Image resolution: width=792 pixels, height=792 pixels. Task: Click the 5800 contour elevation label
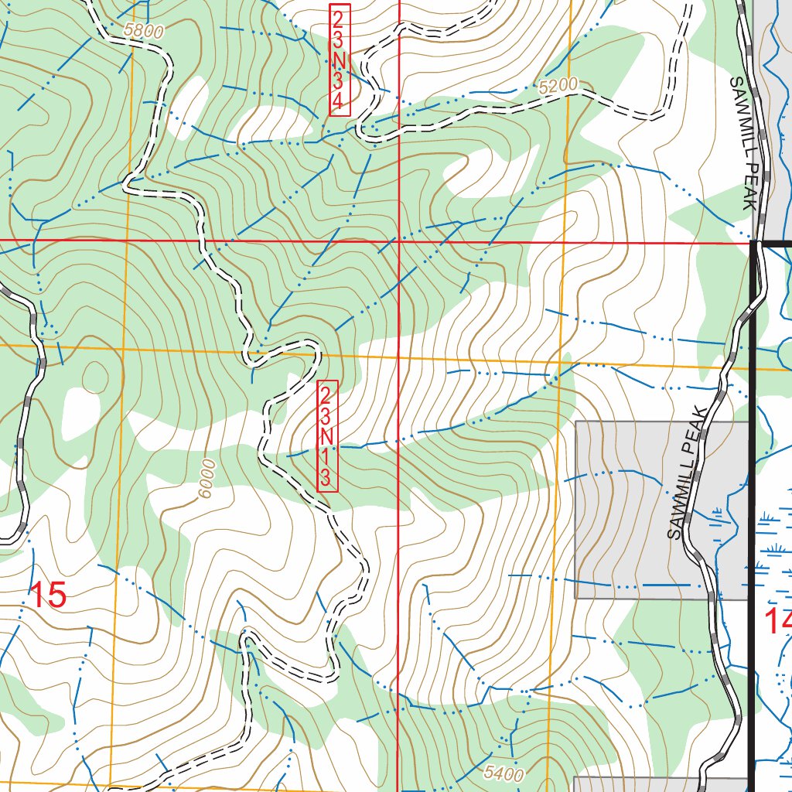(142, 31)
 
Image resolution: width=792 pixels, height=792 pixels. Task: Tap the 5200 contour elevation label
(558, 88)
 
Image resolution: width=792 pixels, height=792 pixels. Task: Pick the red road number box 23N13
(327, 435)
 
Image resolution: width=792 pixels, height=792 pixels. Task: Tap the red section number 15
(48, 596)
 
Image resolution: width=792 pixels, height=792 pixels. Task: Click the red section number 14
(777, 621)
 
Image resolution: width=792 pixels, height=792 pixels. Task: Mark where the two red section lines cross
(398, 241)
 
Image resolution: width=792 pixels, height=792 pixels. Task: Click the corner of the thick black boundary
(753, 244)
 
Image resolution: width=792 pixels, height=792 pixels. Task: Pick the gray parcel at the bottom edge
(657, 784)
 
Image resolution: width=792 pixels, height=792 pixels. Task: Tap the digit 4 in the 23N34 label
(339, 101)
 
